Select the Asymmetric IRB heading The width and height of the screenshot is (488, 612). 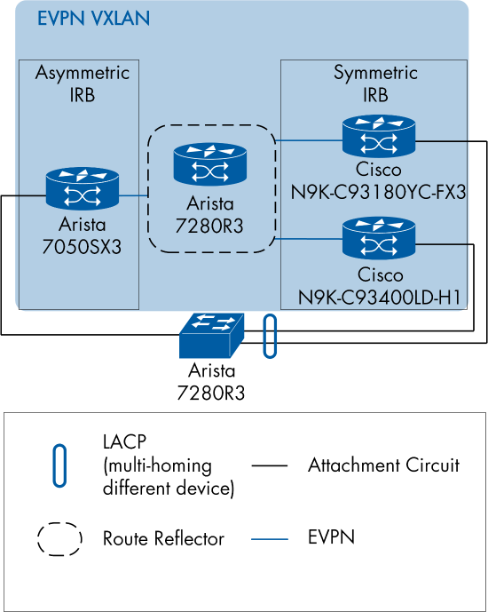82,83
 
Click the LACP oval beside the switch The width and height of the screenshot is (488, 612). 269,336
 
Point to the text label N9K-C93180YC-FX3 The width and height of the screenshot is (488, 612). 379,189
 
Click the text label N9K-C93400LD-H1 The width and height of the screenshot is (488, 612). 379,294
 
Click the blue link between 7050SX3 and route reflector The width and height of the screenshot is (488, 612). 133,194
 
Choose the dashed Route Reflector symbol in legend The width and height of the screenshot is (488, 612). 59,538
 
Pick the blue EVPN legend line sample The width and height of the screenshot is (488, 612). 270,538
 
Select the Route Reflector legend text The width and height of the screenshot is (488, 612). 163,538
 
